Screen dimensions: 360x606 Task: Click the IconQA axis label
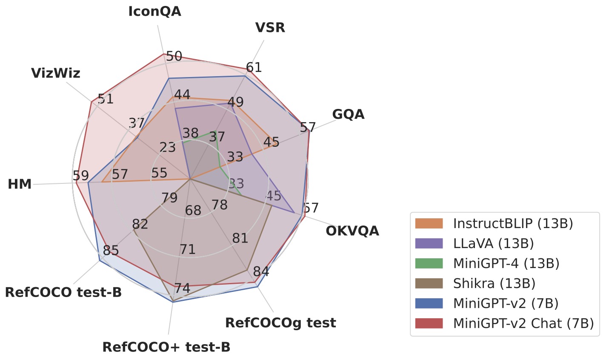coord(154,11)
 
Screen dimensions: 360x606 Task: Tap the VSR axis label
coord(270,28)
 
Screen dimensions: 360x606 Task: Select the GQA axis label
coord(348,114)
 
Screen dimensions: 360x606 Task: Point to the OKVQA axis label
coord(352,231)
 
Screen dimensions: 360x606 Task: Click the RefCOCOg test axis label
coord(280,323)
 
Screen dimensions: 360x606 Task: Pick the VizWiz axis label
coord(56,73)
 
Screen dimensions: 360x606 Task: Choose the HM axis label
coord(20,184)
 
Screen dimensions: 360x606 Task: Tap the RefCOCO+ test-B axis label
coord(166,347)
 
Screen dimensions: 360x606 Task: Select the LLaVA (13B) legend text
coord(494,243)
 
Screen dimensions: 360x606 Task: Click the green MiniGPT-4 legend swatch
coord(429,263)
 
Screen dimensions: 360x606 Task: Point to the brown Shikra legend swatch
coord(429,283)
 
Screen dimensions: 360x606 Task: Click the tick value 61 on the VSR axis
coord(254,68)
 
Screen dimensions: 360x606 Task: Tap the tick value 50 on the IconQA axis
coord(174,56)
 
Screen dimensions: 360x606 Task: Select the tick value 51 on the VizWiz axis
coord(106,99)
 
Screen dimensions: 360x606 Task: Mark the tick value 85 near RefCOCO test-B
coord(111,251)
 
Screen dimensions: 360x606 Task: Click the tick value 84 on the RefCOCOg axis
coord(260,271)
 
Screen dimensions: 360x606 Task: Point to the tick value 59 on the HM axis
coord(81,176)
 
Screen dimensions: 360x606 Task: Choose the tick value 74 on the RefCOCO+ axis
coord(182,288)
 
